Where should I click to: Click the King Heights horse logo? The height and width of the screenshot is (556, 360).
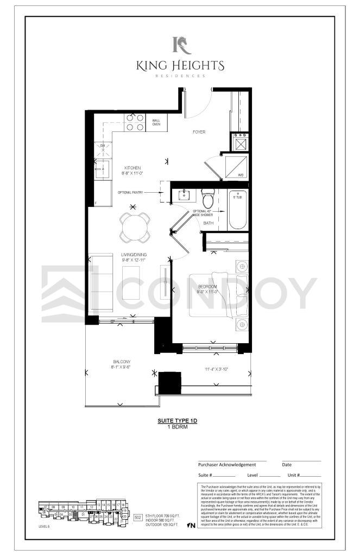(x=180, y=45)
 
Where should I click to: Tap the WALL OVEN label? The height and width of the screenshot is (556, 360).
(x=156, y=122)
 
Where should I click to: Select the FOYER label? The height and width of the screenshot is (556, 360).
(x=199, y=132)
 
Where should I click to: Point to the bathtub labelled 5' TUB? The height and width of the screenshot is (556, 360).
(x=237, y=211)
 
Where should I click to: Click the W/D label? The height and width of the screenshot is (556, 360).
(x=241, y=175)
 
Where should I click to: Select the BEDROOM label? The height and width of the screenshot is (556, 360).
(x=207, y=286)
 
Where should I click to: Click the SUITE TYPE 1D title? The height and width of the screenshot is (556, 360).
(x=179, y=421)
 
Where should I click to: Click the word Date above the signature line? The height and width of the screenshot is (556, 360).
(x=287, y=465)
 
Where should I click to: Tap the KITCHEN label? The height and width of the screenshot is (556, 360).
(x=132, y=167)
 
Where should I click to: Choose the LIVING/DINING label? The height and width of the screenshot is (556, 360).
(x=135, y=254)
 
